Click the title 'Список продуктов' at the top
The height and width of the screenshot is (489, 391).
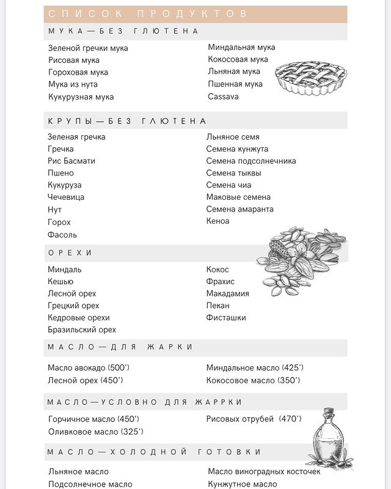pos(147,13)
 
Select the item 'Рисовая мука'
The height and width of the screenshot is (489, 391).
pos(74,60)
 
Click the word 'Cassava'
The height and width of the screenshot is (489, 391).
pos(223,97)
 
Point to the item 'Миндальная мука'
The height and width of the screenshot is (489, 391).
pos(241,47)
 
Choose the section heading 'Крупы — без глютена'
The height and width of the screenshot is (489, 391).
pos(127,121)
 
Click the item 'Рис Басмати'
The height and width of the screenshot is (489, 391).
pos(71,161)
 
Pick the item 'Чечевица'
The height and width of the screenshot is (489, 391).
pos(66,197)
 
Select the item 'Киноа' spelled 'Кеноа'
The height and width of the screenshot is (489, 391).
pos(218,221)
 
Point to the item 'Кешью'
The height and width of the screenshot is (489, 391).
pos(60,281)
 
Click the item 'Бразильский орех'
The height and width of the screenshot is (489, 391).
pos(82,330)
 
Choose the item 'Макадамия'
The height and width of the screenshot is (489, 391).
pos(227,293)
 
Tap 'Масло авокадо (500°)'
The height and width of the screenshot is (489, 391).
pos(89,368)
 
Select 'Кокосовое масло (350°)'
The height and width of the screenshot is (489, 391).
pos(254,380)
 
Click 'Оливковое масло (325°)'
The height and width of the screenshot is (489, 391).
pos(96,432)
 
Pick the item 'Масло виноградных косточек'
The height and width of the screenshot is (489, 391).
pos(264,471)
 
